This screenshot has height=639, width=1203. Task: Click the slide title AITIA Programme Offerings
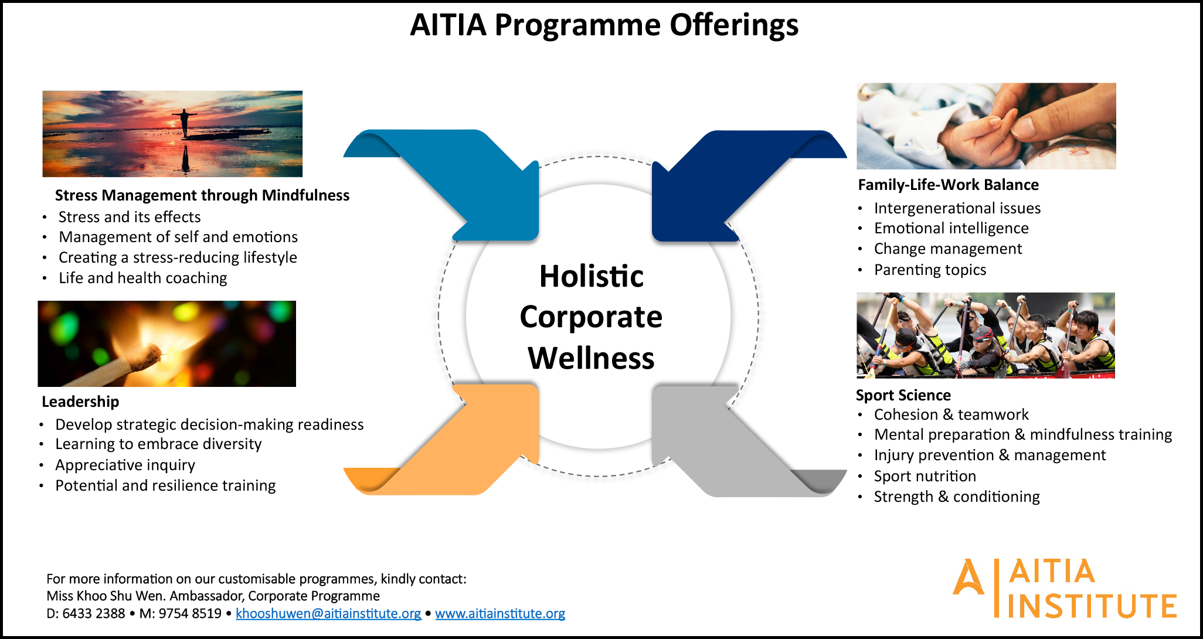click(x=604, y=25)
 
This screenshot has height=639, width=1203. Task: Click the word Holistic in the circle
click(x=592, y=276)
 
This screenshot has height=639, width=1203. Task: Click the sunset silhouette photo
click(x=172, y=134)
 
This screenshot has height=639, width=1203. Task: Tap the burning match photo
click(x=167, y=344)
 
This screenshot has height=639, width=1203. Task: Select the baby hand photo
click(x=986, y=126)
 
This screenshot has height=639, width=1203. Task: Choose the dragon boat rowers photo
click(x=985, y=335)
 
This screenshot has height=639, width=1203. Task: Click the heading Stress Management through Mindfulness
click(x=202, y=195)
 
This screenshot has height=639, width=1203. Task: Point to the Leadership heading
click(x=80, y=402)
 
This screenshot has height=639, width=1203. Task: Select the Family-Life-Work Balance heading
click(x=948, y=185)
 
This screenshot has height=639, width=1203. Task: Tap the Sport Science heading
click(x=903, y=395)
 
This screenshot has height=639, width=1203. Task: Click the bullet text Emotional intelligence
click(x=951, y=228)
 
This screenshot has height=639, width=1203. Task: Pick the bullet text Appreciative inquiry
click(x=125, y=465)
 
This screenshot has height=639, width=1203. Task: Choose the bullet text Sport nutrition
click(x=925, y=476)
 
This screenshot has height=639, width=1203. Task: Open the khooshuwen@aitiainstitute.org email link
click(x=328, y=613)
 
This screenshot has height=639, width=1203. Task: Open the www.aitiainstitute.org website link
click(x=500, y=613)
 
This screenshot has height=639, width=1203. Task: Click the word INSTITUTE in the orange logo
click(x=1092, y=606)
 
